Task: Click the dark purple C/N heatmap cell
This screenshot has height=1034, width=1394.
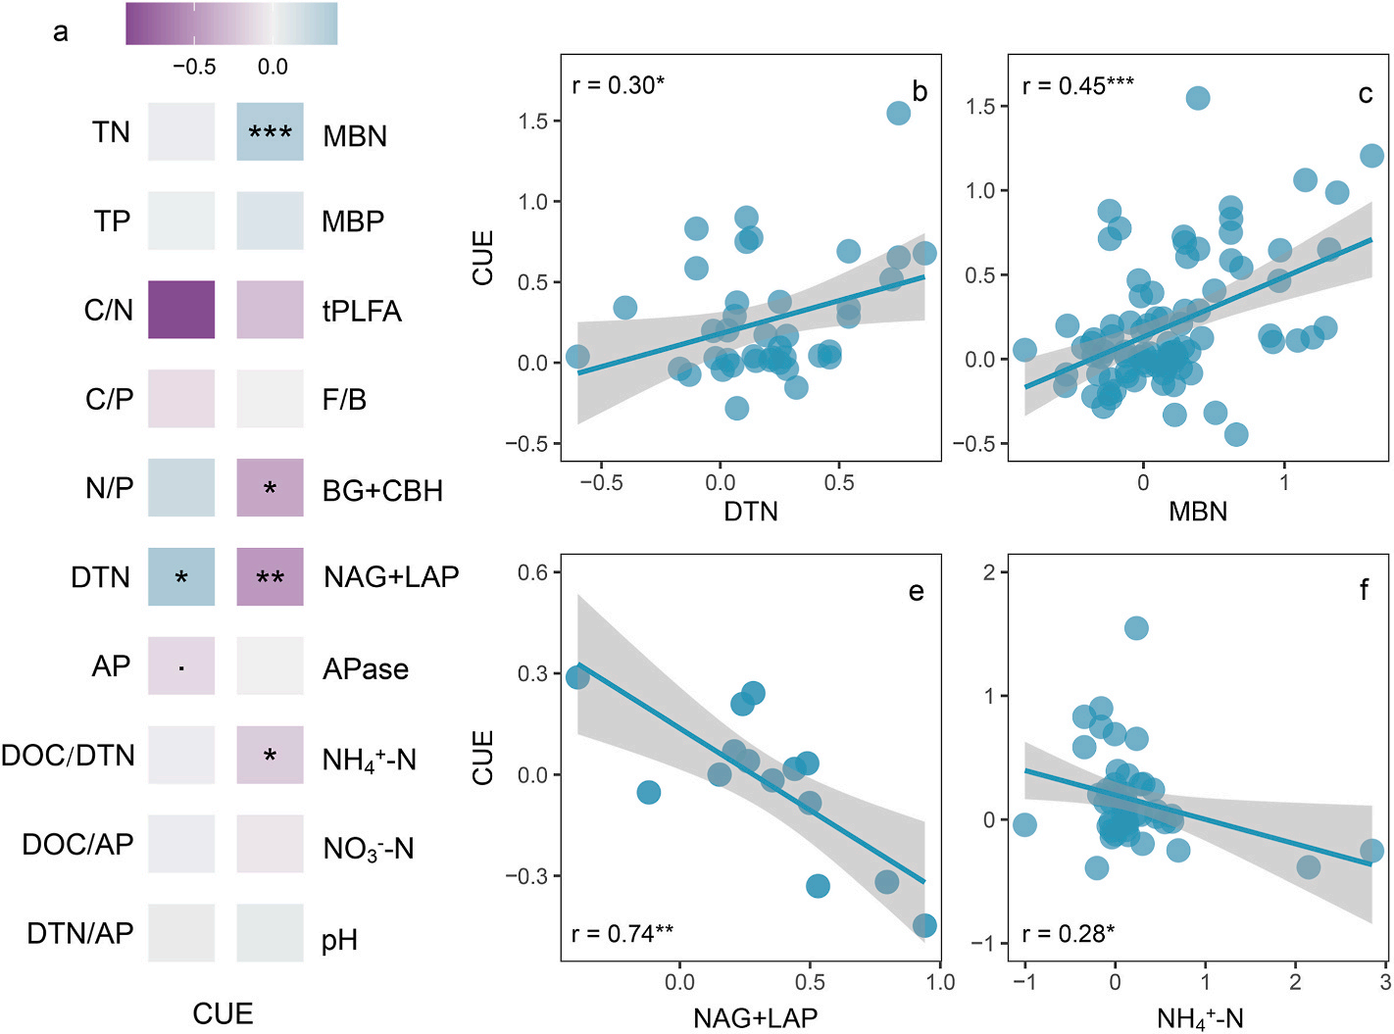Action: pyautogui.click(x=181, y=310)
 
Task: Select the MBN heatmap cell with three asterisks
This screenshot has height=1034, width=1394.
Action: pyautogui.click(x=270, y=131)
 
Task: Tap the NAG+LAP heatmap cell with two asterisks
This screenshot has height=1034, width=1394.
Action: pyautogui.click(x=270, y=576)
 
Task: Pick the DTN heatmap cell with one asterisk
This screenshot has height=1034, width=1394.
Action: pyautogui.click(x=181, y=576)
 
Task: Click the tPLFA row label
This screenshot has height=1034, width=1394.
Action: pyautogui.click(x=362, y=312)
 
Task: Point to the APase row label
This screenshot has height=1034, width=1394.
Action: pyautogui.click(x=366, y=669)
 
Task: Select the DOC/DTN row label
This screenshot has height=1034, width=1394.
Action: pyautogui.click(x=68, y=756)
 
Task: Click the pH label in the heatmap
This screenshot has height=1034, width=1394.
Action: pyautogui.click(x=339, y=941)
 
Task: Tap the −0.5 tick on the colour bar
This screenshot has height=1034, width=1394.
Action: pyautogui.click(x=194, y=67)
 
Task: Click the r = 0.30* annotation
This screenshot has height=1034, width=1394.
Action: pyautogui.click(x=618, y=85)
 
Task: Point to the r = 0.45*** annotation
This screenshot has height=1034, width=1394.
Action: pyautogui.click(x=1078, y=85)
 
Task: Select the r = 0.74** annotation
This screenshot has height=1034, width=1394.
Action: pyautogui.click(x=622, y=934)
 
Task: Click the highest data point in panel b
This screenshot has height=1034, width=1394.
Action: pyautogui.click(x=898, y=113)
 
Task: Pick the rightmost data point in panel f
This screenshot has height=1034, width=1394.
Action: pyautogui.click(x=1372, y=851)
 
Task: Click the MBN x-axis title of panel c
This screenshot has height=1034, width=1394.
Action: pyautogui.click(x=1198, y=512)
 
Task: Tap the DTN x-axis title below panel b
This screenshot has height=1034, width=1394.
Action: pyautogui.click(x=751, y=512)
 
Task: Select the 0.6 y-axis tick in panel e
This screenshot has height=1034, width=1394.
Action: pyautogui.click(x=533, y=572)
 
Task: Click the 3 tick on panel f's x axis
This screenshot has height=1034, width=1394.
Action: pyautogui.click(x=1385, y=982)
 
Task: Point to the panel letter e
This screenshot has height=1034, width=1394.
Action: pyautogui.click(x=917, y=591)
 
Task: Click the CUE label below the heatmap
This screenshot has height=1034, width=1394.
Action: pyautogui.click(x=223, y=1013)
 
